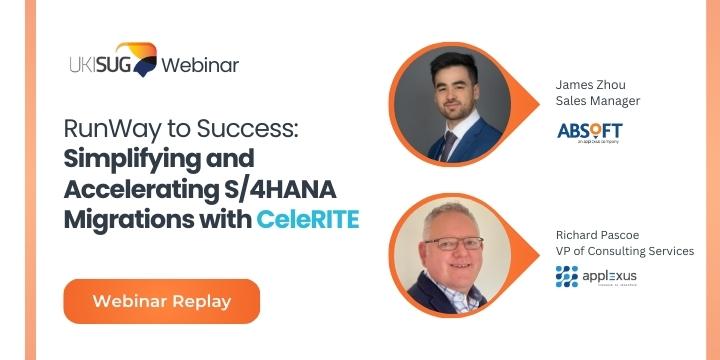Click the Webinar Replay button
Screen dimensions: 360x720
pyautogui.click(x=161, y=301)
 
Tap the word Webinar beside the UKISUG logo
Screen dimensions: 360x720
pyautogui.click(x=200, y=66)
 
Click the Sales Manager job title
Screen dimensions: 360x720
pyautogui.click(x=598, y=101)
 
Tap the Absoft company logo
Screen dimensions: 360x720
pyautogui.click(x=590, y=132)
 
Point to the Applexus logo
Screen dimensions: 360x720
pyautogui.click(x=596, y=277)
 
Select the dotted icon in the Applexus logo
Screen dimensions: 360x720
pyautogui.click(x=567, y=277)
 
